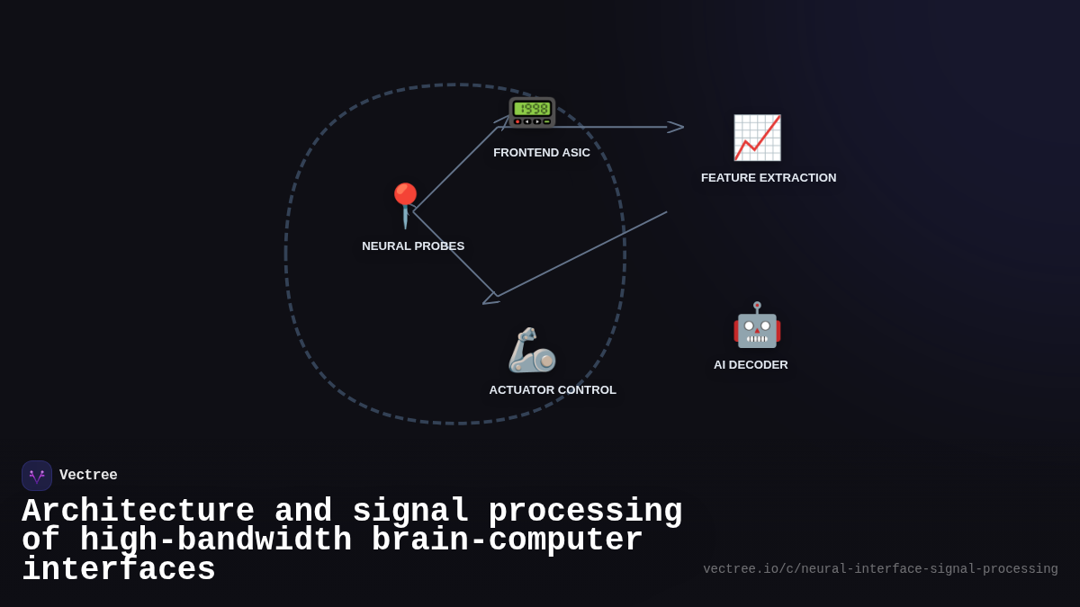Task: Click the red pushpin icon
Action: tap(406, 204)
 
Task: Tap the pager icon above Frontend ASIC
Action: tap(532, 112)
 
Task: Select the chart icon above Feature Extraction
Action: tap(757, 138)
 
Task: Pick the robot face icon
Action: tap(757, 325)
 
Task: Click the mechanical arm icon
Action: tap(532, 350)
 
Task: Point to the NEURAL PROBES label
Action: tap(413, 246)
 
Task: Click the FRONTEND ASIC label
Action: tap(542, 153)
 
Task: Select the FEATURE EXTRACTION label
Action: tap(769, 178)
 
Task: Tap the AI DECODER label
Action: tap(751, 365)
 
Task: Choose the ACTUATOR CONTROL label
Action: tap(553, 390)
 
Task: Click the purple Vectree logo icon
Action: tap(37, 476)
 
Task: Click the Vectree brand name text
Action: tap(88, 476)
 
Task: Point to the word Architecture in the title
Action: tap(138, 512)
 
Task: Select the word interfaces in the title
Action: tap(119, 570)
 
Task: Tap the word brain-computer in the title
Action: tap(507, 540)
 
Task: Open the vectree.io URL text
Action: tap(880, 569)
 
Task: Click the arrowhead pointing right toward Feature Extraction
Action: tap(675, 127)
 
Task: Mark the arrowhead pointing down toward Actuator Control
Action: tap(490, 298)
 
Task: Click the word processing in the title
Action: tap(585, 512)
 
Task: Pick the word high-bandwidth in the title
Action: tap(215, 540)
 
